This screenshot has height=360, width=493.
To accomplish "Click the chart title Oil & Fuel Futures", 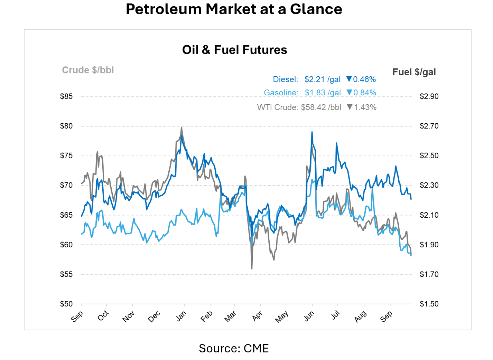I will click(234, 50).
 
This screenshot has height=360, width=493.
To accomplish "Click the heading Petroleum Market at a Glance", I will click(234, 9).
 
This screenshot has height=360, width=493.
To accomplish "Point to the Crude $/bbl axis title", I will click(88, 70).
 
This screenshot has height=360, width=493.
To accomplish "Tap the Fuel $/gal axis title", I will click(414, 72).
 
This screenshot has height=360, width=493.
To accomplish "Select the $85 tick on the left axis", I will click(66, 96).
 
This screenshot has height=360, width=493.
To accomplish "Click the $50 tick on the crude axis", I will click(66, 304).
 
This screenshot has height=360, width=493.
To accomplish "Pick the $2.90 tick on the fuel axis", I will click(429, 96).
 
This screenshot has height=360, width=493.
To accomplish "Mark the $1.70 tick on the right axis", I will click(429, 274).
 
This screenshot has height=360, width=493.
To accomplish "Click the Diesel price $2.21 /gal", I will click(322, 79).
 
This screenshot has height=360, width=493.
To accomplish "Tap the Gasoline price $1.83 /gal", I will click(323, 93).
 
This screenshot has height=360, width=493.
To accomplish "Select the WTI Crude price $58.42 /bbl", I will click(321, 107).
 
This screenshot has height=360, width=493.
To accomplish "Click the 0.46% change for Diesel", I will click(364, 79).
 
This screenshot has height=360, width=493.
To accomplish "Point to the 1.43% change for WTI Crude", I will click(365, 107).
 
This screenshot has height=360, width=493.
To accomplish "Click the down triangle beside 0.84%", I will click(349, 93).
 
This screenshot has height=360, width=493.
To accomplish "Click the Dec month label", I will click(154, 316).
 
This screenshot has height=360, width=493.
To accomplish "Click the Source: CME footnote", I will click(234, 348).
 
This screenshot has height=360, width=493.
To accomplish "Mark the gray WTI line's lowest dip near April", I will click(252, 268).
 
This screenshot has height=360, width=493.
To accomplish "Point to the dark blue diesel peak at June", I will click(312, 132).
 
